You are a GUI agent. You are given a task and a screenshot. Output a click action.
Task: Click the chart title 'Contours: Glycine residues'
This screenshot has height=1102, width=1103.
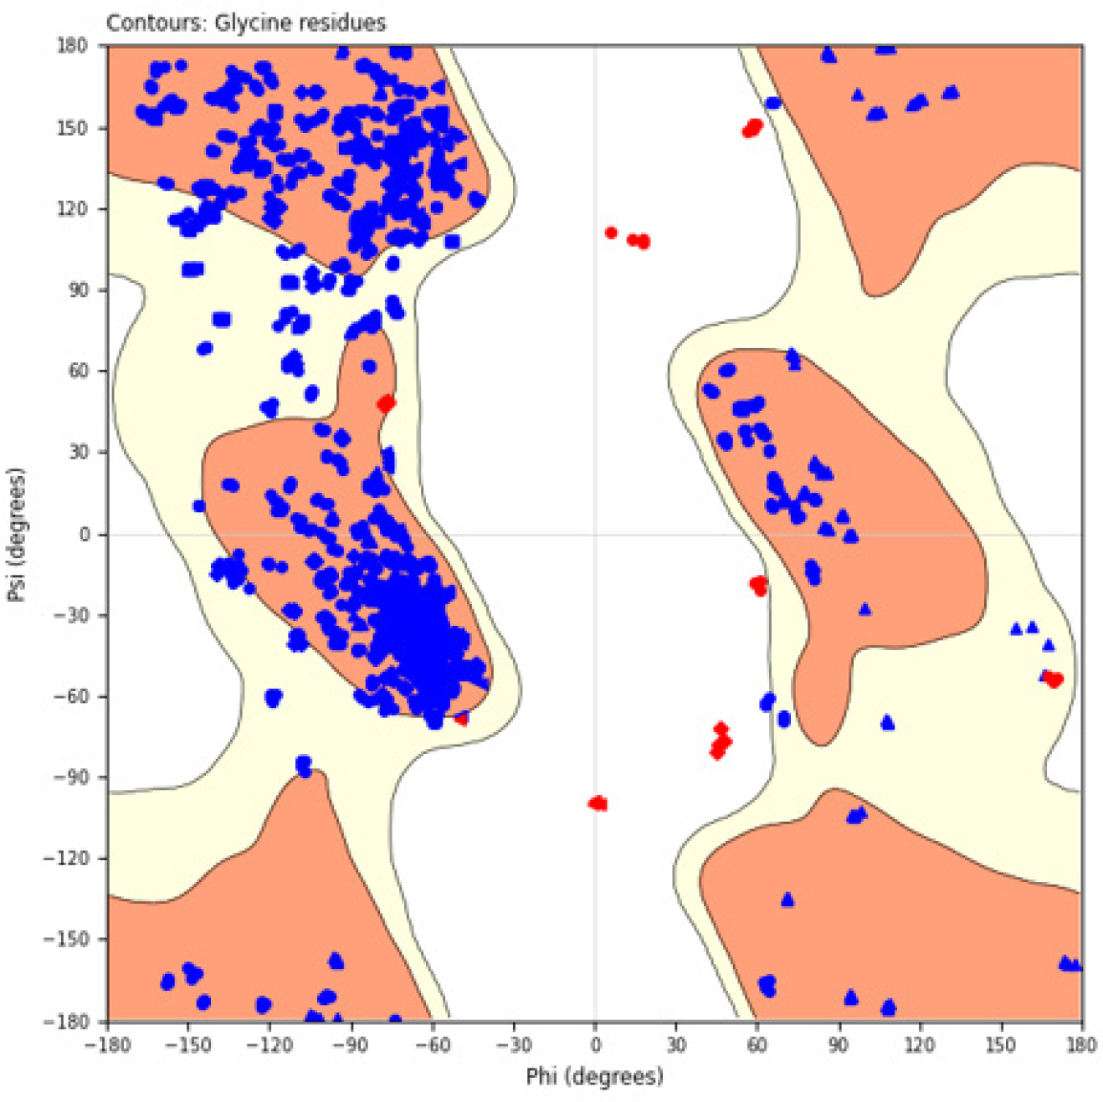click(246, 23)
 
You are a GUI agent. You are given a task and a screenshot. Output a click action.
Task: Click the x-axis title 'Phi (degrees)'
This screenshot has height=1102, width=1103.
click(594, 1076)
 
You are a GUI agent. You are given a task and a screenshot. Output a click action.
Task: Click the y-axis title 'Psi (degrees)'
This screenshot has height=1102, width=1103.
click(17, 534)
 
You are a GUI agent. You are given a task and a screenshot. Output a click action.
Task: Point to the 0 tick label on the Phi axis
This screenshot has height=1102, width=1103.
click(595, 1044)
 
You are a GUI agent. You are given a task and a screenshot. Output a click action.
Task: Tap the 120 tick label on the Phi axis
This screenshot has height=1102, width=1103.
click(920, 1044)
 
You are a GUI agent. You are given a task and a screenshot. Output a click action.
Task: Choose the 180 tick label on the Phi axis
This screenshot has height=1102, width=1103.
click(1081, 1044)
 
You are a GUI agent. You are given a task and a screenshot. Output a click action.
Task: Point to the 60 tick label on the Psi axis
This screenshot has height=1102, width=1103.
click(77, 371)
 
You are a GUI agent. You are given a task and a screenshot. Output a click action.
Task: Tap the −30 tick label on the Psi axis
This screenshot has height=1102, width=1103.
click(70, 615)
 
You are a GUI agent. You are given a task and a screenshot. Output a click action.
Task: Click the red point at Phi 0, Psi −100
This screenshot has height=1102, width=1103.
click(598, 803)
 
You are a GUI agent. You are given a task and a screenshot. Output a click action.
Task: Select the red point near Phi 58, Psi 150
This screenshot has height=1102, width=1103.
click(753, 128)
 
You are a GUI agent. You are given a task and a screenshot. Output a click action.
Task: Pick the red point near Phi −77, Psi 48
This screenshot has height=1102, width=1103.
click(386, 403)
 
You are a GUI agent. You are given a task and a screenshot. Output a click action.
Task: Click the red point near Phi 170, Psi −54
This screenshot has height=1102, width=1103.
click(1054, 679)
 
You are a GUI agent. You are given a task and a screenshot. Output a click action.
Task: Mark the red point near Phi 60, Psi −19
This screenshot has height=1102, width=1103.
click(758, 585)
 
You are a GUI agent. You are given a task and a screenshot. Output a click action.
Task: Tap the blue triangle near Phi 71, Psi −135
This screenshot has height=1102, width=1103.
click(787, 900)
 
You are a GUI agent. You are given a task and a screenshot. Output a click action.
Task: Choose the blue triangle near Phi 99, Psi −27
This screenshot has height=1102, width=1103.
click(864, 609)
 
